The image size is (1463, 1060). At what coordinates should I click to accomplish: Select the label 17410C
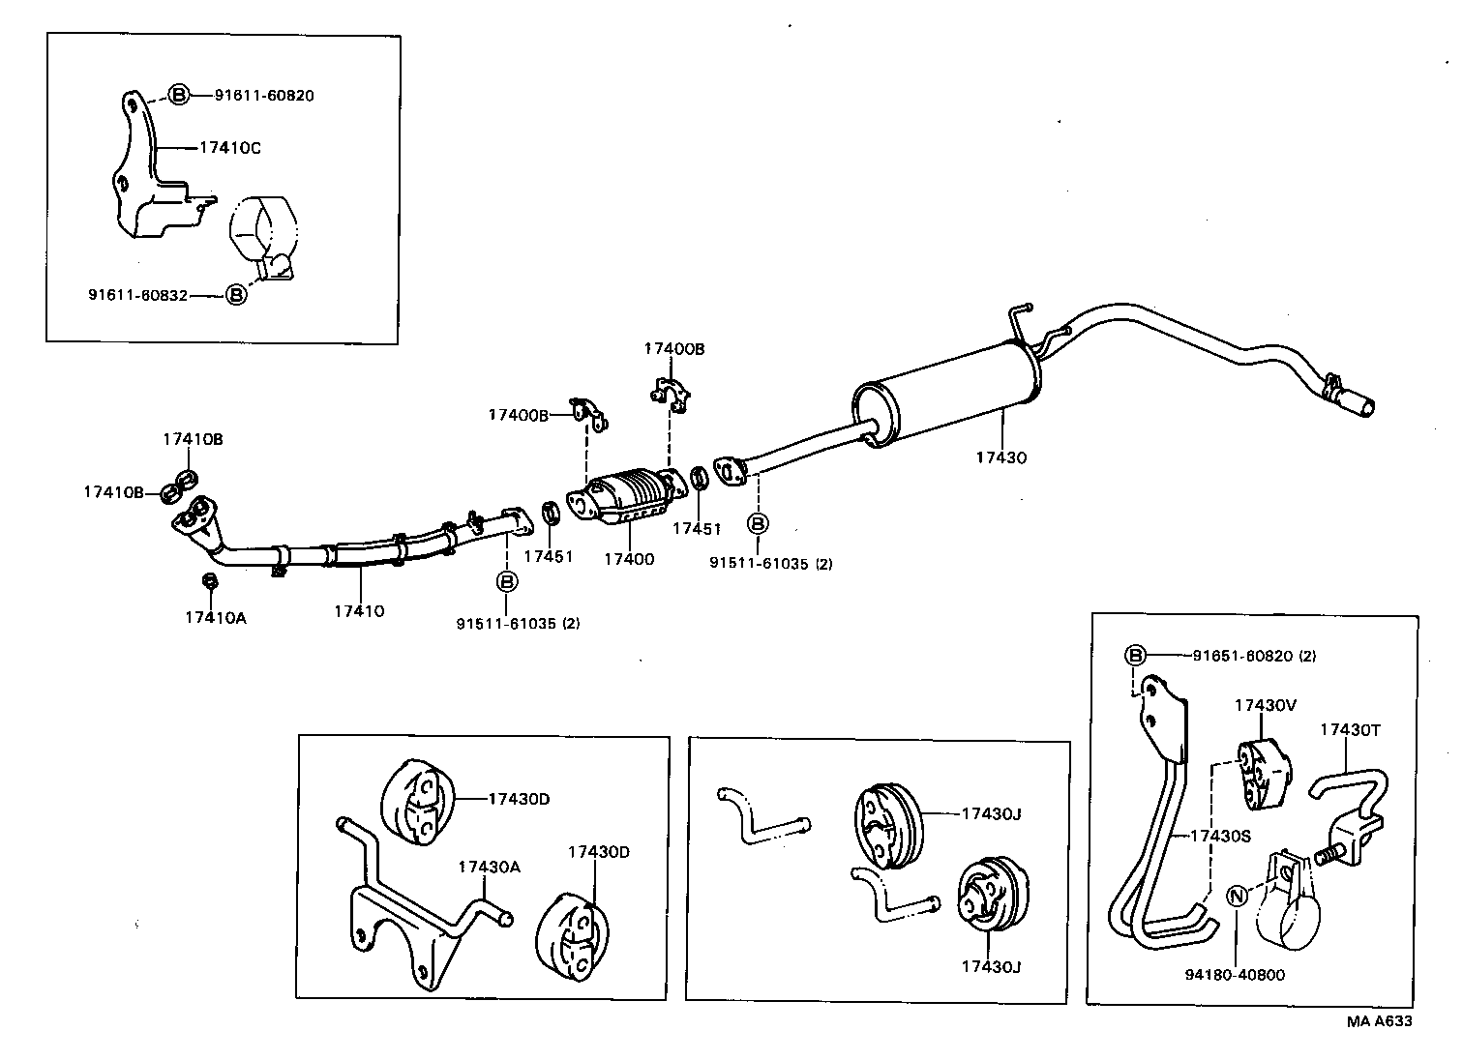[229, 148]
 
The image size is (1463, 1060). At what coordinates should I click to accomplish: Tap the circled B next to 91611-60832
[236, 294]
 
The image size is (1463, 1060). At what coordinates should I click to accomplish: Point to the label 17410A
[216, 617]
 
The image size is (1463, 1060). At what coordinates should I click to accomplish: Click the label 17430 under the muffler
[1000, 457]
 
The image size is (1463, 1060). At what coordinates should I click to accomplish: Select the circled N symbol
[1237, 896]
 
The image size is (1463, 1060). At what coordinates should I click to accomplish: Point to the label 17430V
[1265, 705]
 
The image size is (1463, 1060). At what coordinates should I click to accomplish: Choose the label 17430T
[1350, 729]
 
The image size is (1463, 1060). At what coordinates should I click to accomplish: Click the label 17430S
[1220, 836]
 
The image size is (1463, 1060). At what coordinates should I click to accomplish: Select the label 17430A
[489, 867]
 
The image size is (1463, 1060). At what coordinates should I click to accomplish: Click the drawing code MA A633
[1378, 1021]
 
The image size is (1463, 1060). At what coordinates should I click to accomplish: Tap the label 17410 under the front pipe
[359, 611]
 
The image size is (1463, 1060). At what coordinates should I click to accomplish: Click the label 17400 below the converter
[629, 558]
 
